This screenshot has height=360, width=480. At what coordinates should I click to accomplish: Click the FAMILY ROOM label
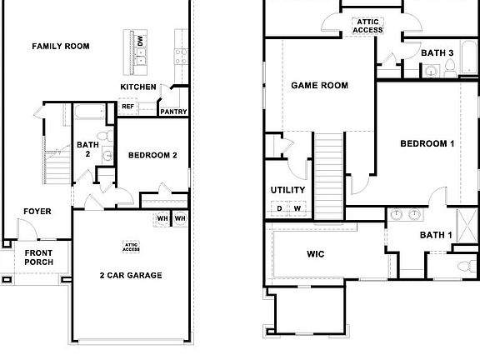coord(61,46)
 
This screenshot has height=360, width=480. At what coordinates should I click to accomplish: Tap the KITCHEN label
coord(137,87)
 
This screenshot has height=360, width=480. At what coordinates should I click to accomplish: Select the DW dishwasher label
coord(141,40)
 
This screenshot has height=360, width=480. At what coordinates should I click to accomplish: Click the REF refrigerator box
coord(127,107)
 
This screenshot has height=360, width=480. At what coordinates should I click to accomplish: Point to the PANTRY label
coord(173,112)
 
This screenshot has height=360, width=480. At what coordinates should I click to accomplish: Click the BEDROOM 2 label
coord(152,155)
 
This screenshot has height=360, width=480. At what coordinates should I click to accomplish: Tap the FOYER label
coord(37,212)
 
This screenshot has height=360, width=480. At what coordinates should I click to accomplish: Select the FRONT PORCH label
coord(38,257)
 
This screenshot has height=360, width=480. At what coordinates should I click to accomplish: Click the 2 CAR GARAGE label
coord(131,275)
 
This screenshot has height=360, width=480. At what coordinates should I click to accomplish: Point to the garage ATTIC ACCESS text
coord(131,246)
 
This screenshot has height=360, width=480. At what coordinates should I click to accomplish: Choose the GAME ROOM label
coord(319,85)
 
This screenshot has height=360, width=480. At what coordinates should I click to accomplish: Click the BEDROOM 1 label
coord(427,143)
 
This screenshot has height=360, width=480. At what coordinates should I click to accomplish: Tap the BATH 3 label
coord(437,52)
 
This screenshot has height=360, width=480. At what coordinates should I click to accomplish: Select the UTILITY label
coord(288,190)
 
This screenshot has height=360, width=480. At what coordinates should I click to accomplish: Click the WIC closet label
coord(315,254)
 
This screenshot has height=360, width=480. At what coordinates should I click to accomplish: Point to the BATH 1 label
coord(436,235)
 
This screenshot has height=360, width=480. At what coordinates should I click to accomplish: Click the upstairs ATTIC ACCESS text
coord(367,26)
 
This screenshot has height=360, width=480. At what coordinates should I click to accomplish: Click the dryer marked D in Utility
coord(280,208)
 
